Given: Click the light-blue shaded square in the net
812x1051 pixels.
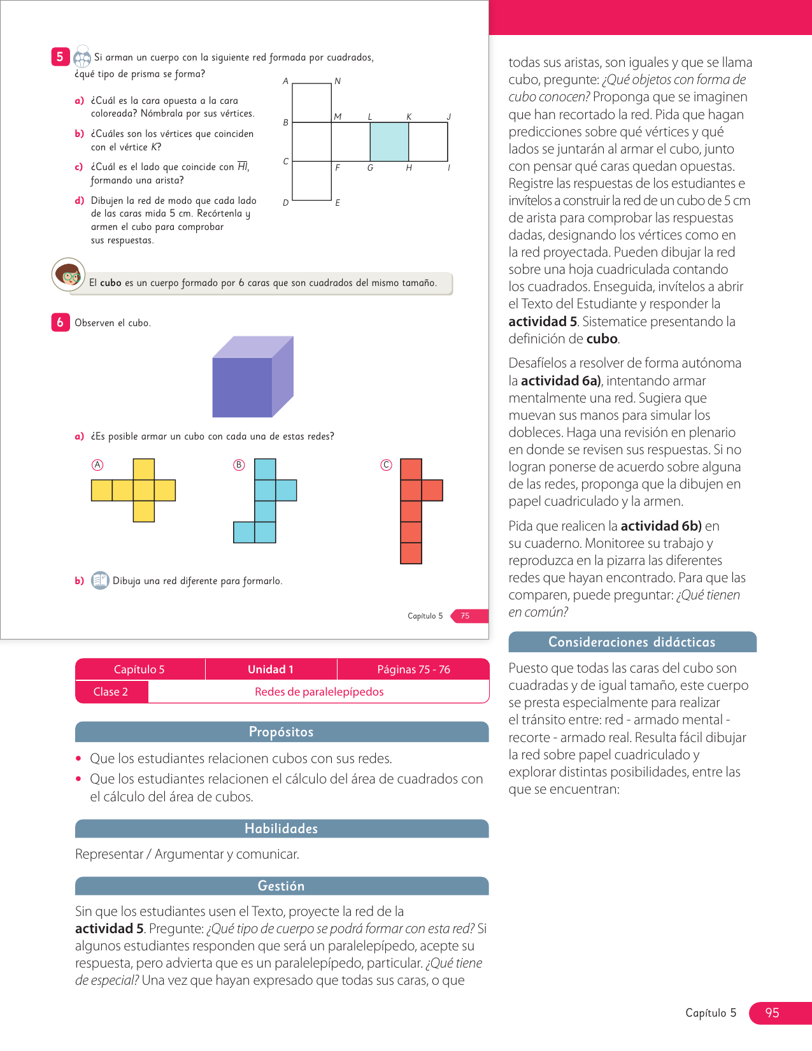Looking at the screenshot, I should pyautogui.click(x=389, y=142).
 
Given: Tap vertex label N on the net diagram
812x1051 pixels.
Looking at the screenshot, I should pyautogui.click(x=338, y=82).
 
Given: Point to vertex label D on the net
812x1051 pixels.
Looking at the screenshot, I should pyautogui.click(x=285, y=203).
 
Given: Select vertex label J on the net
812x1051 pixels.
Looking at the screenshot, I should pyautogui.click(x=449, y=117).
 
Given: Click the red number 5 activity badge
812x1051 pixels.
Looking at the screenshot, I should pyautogui.click(x=60, y=57).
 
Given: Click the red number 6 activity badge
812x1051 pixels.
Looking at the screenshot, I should pyautogui.click(x=60, y=322).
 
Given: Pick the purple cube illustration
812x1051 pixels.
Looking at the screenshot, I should pyautogui.click(x=252, y=377).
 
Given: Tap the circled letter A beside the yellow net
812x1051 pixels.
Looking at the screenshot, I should pyautogui.click(x=97, y=465).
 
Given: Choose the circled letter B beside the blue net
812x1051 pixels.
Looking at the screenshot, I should pyautogui.click(x=239, y=465).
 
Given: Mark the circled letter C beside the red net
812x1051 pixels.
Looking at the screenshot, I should pyautogui.click(x=386, y=465).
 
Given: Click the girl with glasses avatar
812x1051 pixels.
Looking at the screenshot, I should pyautogui.click(x=68, y=275).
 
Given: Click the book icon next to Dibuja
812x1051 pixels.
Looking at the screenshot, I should pyautogui.click(x=100, y=580).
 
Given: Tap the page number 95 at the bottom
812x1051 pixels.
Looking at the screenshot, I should pyautogui.click(x=773, y=1013).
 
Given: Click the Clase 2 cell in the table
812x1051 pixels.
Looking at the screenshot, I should pyautogui.click(x=111, y=692).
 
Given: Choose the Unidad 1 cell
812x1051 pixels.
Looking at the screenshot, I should pyautogui.click(x=271, y=669).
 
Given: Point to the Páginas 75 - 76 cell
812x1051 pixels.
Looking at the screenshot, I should pyautogui.click(x=413, y=669).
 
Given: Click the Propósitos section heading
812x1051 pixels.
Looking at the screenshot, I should pyautogui.click(x=281, y=732).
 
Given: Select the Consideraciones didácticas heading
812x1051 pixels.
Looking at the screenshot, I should pyautogui.click(x=632, y=642).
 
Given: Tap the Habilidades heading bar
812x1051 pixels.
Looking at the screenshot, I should pyautogui.click(x=281, y=829).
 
